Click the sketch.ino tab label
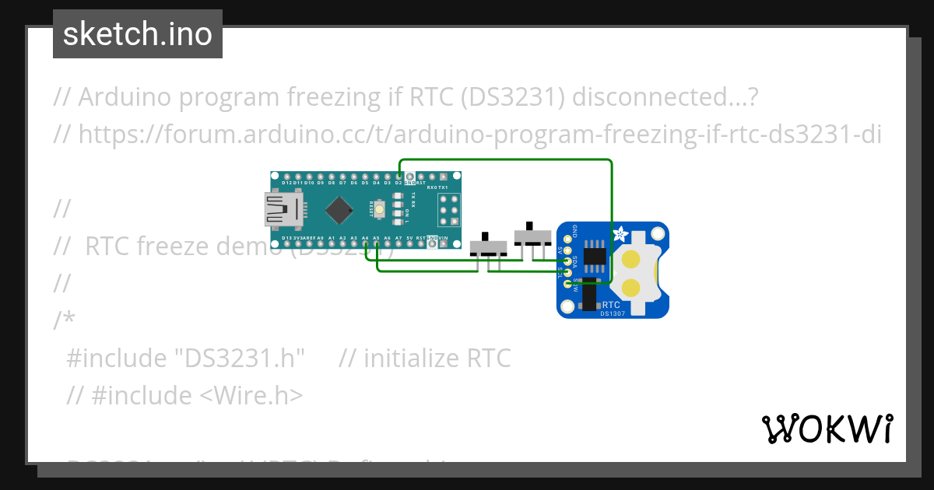[x=138, y=34]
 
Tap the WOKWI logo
[x=827, y=429]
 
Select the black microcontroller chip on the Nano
[x=340, y=209]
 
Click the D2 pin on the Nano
[x=399, y=177]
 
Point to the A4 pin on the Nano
[x=365, y=243]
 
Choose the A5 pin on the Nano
[x=377, y=243]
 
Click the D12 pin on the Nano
[x=286, y=177]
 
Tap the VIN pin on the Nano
[x=444, y=243]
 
